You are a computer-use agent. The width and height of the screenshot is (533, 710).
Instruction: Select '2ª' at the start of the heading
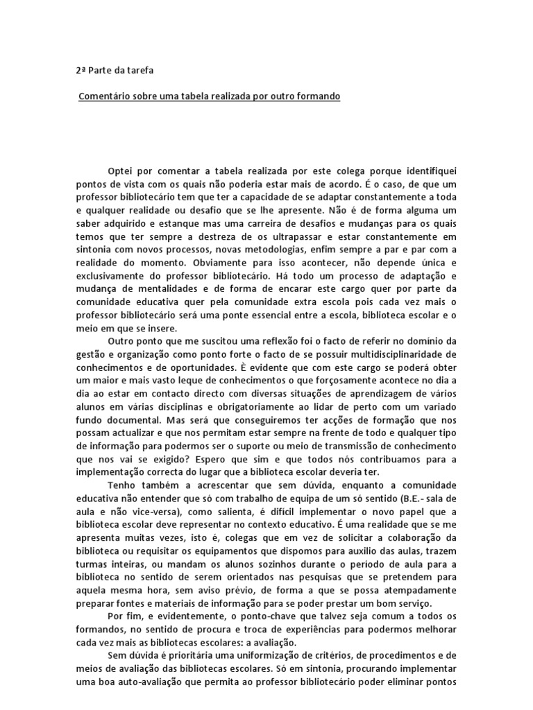81,70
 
